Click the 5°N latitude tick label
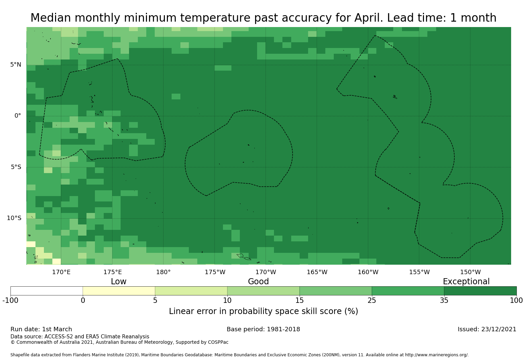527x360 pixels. tap(16, 65)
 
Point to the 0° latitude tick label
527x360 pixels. tap(18, 116)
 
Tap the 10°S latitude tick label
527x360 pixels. tap(14, 218)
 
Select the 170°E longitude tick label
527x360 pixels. tap(61, 272)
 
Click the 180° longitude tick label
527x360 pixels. tap(163, 272)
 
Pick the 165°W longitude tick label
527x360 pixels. tap(317, 272)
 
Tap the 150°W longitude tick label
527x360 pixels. tap(470, 272)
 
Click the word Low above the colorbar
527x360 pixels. tap(119, 282)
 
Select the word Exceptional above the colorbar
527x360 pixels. tap(466, 282)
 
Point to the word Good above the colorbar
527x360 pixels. tap(258, 282)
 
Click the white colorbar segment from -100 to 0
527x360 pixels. tap(47, 291)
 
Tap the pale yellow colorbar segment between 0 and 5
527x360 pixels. tap(119, 291)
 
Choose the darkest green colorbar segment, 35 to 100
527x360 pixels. tap(480, 291)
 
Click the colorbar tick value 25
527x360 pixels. tap(372, 301)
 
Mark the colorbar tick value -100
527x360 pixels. tap(10, 301)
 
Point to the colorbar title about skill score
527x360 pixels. tap(263, 311)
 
